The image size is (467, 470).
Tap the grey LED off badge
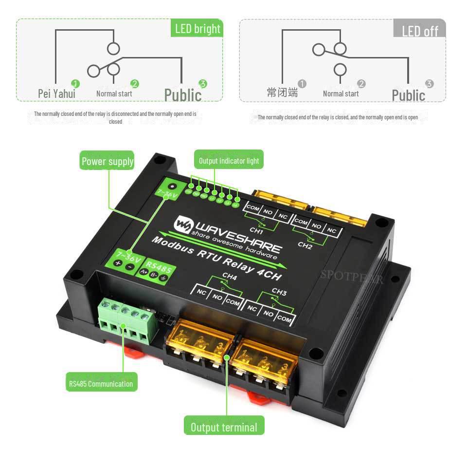click(x=420, y=31)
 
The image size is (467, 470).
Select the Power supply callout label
click(x=107, y=161)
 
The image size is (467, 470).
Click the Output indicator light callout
click(x=229, y=160)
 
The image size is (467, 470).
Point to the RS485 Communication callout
click(x=101, y=383)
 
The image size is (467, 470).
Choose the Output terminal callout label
click(x=224, y=427)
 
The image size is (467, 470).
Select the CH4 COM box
click(x=233, y=302)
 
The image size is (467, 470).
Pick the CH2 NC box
click(x=332, y=230)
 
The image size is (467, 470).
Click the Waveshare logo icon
click(x=183, y=224)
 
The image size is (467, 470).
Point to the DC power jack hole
click(x=171, y=186)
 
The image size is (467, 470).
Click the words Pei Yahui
click(x=56, y=94)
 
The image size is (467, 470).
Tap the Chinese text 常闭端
click(x=282, y=93)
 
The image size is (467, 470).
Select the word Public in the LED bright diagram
click(x=183, y=95)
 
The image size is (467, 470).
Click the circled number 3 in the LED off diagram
click(x=429, y=84)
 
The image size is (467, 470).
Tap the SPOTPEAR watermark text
click(x=351, y=276)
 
